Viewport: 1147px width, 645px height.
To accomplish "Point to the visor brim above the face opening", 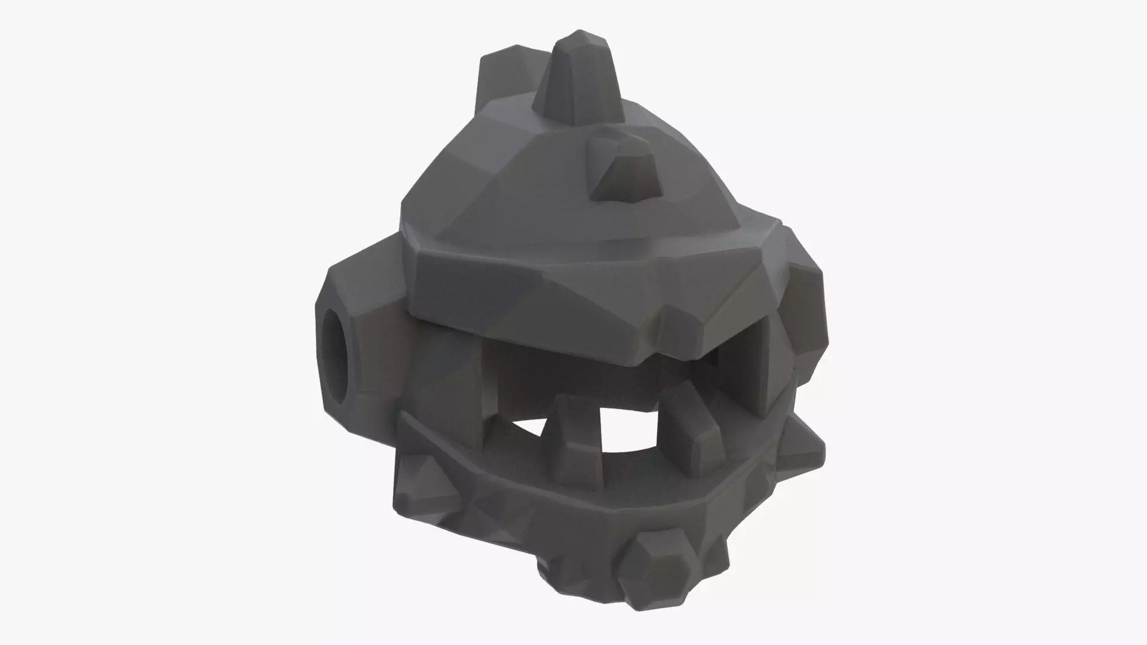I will [x=538, y=293].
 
